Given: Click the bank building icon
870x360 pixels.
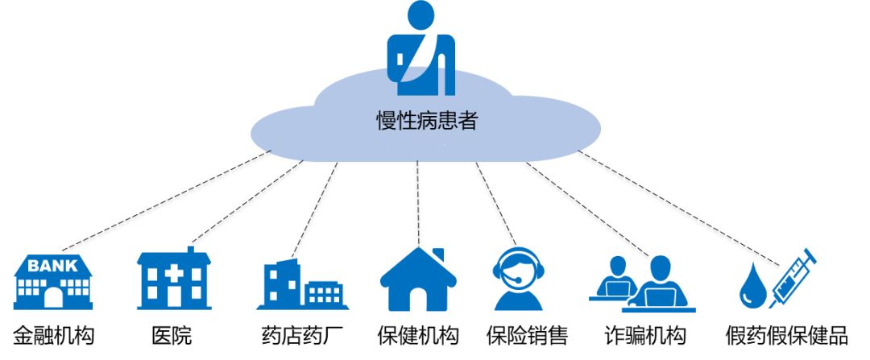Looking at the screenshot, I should click(x=53, y=282).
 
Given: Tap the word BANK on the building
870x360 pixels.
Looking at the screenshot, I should click(x=53, y=265).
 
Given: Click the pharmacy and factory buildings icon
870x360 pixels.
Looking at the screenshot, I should click(x=302, y=286).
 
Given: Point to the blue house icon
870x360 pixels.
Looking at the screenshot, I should click(x=418, y=279).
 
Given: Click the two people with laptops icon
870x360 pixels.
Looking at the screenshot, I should click(x=641, y=283).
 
